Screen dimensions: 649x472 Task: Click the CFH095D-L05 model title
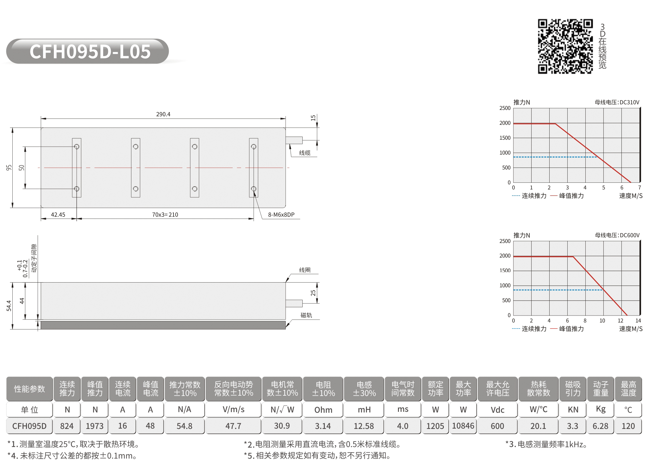point(90,52)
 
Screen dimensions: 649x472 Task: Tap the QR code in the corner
point(565,46)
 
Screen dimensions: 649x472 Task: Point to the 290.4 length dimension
point(163,114)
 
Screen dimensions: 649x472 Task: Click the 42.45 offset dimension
point(58,215)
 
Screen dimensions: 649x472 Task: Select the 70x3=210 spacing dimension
point(165,215)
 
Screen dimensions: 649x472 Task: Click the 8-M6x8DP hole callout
point(281,215)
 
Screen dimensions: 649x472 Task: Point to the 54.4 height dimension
point(9,306)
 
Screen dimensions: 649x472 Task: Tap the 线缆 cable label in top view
point(305,153)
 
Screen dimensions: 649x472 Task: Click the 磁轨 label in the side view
point(306,315)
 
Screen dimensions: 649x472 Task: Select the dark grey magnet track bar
point(163,325)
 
